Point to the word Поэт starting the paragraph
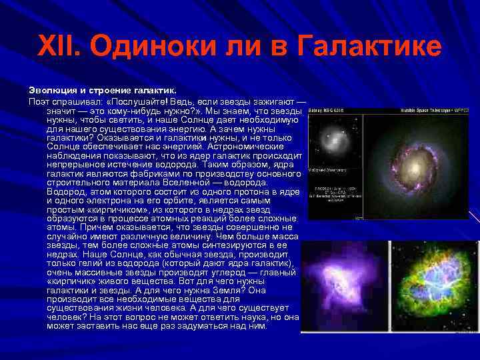pyautogui.click(x=39, y=100)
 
